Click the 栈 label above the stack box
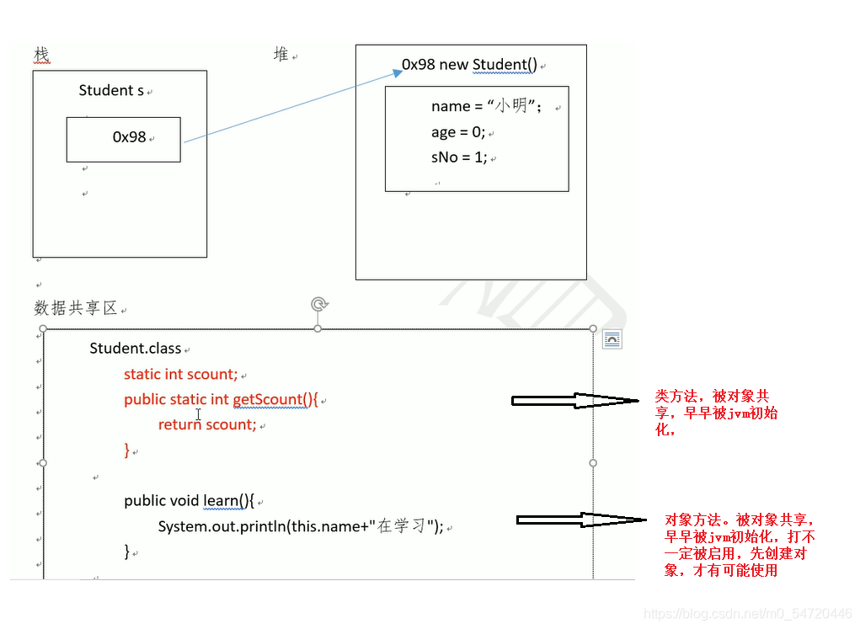(41, 55)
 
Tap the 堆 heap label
(280, 55)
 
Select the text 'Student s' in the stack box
(111, 90)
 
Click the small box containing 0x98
(124, 139)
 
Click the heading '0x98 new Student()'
(469, 65)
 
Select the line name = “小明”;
(485, 106)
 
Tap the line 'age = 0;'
(457, 132)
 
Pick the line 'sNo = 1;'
(459, 157)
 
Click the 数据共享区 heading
(76, 308)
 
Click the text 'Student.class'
(135, 348)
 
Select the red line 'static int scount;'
(180, 374)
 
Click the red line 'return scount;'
(207, 424)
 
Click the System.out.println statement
(301, 526)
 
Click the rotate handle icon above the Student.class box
(318, 304)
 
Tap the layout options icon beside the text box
(612, 339)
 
